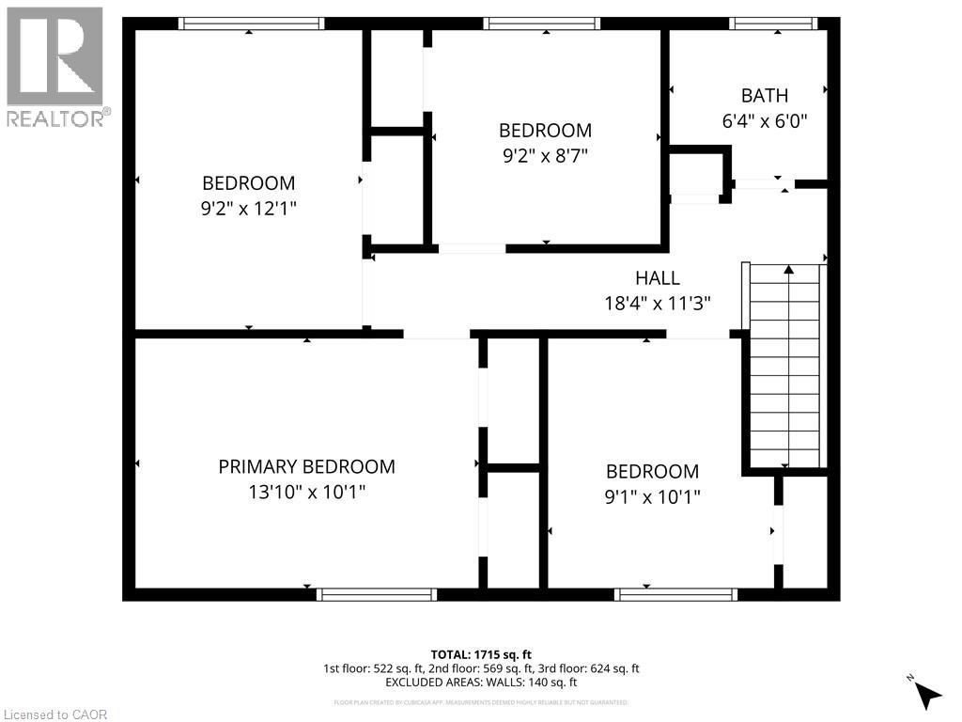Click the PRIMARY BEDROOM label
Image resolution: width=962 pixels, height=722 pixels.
coord(306,466)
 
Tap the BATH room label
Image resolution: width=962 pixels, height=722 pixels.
coord(764,95)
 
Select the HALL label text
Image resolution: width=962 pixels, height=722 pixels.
coord(657,278)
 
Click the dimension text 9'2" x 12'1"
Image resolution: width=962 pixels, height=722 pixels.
coord(248,209)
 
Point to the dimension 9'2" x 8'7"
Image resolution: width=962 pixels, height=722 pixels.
coord(545,156)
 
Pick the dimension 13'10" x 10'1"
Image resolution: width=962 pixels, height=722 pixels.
coord(306,492)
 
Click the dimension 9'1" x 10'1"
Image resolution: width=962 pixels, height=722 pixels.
coord(652,496)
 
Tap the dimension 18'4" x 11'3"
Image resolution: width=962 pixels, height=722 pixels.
coord(657,304)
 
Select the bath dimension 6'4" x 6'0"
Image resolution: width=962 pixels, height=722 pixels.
coord(764,120)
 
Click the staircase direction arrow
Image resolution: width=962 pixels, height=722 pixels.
coord(788,272)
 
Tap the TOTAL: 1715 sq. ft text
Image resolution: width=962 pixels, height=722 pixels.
coord(480,654)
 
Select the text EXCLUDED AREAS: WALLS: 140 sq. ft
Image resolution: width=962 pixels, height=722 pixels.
coord(480,683)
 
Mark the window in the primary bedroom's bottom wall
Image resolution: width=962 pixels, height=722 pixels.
coord(376,594)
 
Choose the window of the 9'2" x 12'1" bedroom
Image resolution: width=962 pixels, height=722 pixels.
coord(251,24)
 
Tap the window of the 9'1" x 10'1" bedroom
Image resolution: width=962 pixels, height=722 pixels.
coord(675,594)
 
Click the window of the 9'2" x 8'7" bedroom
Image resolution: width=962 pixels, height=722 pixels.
coord(542,24)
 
